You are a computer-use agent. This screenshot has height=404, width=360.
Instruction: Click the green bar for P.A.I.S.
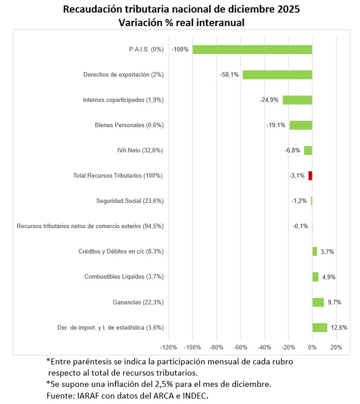pos(252,49)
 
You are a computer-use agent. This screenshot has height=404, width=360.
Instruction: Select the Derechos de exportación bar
pos(277,74)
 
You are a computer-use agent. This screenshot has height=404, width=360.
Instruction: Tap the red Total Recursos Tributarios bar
pos(310,175)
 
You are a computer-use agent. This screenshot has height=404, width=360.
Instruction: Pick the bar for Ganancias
pos(318,302)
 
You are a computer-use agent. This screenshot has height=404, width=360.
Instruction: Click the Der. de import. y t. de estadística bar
pos(320,327)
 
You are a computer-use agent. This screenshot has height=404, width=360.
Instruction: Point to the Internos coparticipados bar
pos(297,100)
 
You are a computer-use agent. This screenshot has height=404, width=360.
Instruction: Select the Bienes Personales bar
pos(300,125)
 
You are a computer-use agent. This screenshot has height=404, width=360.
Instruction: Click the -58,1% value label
pos(229,75)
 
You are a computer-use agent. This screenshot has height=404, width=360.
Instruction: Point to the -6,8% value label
pos(292,150)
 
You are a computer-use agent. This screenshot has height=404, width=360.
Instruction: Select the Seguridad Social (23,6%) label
pos(130,201)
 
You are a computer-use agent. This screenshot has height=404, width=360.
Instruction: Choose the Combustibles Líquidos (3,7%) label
pos(124,277)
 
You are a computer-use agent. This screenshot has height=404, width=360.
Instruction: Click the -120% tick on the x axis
pos(169,347)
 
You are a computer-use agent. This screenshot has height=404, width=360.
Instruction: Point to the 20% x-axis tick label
pos(336,347)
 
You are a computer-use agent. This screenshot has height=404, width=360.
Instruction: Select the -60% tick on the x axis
pos(241,347)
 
